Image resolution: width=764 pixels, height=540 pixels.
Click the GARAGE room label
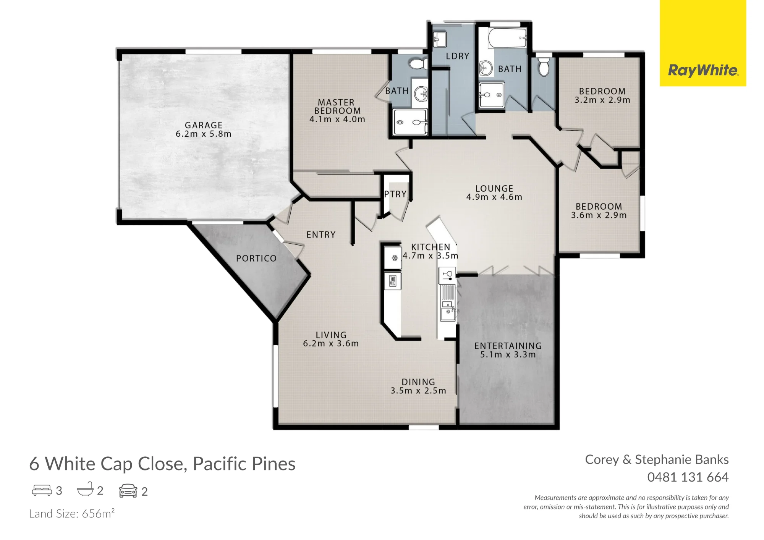(204, 125)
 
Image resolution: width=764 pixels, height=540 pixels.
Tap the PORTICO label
(256, 259)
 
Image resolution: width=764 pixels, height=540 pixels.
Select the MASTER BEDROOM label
(337, 107)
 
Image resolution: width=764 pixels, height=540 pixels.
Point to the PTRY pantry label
(395, 194)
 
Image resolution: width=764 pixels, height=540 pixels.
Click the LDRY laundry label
(458, 56)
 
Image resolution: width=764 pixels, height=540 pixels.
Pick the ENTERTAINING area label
(508, 346)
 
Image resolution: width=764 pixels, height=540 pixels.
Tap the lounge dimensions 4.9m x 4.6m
(494, 197)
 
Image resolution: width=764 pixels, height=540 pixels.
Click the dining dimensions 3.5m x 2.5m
(418, 391)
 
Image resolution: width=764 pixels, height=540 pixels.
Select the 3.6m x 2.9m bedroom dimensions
(599, 215)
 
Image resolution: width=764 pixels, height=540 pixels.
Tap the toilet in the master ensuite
(419, 64)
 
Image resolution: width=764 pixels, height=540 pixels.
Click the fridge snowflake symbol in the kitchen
(395, 258)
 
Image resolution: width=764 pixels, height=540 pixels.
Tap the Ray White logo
(703, 70)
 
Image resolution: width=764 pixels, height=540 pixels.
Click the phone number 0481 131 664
(688, 477)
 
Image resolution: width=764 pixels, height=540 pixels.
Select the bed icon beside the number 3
(42, 490)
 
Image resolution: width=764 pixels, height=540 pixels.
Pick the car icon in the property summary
(128, 491)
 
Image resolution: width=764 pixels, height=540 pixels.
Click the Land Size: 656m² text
(72, 513)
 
